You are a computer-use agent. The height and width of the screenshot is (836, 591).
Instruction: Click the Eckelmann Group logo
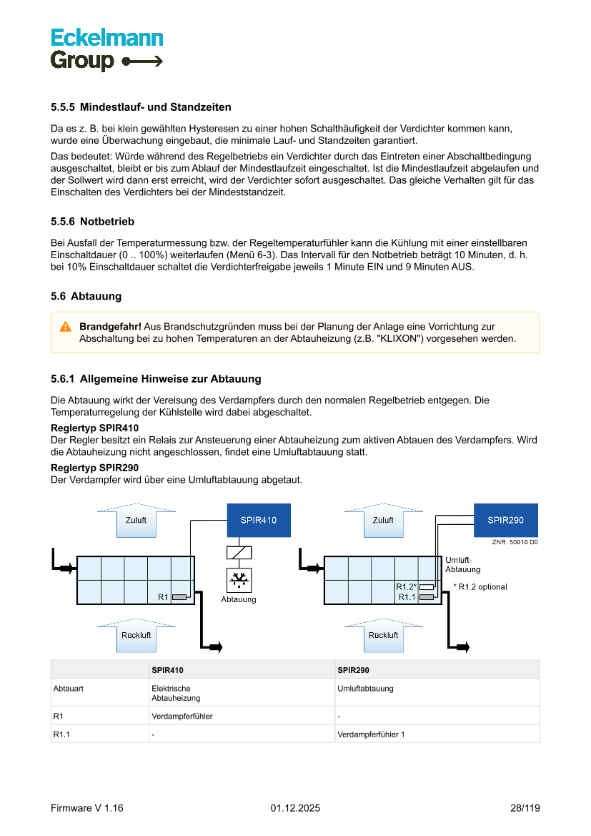[106, 49]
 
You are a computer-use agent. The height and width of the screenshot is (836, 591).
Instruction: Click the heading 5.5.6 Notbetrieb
[92, 222]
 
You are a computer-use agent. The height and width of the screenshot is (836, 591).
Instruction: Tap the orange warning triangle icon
[65, 326]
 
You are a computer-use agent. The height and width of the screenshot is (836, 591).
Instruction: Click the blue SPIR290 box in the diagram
[505, 520]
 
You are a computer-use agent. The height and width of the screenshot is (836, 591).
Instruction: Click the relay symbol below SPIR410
[238, 552]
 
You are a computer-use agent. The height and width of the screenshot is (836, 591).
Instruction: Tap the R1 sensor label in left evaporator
[163, 596]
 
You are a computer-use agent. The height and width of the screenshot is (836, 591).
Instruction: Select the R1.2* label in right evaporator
[406, 586]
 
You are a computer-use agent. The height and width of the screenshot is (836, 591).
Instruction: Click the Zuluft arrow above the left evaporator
[136, 520]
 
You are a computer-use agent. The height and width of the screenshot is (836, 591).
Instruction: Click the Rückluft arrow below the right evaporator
[383, 635]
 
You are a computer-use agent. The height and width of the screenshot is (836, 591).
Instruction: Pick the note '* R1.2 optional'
[480, 587]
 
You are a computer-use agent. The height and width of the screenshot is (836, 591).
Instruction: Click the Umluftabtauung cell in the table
[364, 689]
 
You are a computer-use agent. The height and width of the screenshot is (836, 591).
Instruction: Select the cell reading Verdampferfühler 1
[370, 734]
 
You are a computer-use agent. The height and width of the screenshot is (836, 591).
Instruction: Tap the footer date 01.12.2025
[295, 808]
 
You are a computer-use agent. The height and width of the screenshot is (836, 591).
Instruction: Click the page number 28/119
[525, 808]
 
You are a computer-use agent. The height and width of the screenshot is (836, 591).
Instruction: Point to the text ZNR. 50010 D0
[515, 543]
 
